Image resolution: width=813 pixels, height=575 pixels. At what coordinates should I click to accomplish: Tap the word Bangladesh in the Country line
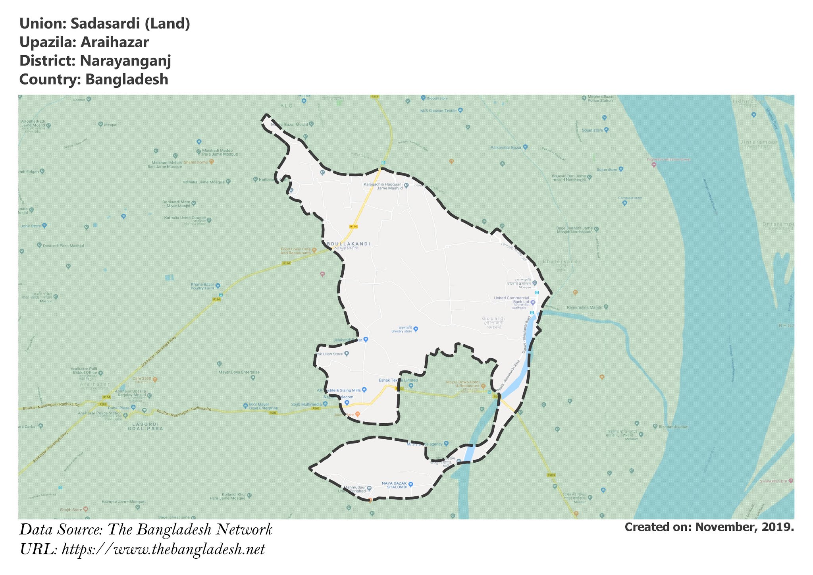point(127,79)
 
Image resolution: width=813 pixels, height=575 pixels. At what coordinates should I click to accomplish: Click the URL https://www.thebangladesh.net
point(163,550)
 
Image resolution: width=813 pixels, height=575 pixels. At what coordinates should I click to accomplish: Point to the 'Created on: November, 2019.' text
point(709,527)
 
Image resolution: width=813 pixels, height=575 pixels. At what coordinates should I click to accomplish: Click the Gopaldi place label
point(494,318)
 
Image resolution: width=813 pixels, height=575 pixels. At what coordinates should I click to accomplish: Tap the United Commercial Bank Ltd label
point(511,300)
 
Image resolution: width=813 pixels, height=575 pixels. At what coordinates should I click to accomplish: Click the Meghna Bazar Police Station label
point(601,98)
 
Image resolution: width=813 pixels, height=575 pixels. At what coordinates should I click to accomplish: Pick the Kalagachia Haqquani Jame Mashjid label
point(383,186)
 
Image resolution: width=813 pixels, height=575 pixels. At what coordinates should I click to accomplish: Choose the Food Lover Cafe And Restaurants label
point(295,251)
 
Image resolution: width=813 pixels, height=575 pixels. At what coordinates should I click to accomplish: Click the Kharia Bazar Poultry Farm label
point(202,286)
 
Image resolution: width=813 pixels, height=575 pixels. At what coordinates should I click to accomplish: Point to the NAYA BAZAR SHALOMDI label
point(395,485)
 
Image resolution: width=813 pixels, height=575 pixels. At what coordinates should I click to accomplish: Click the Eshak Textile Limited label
point(393,380)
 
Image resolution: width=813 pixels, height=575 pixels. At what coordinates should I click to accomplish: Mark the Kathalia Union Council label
point(185,218)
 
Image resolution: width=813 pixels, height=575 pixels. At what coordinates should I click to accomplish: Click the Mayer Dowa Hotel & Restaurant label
point(463,384)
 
